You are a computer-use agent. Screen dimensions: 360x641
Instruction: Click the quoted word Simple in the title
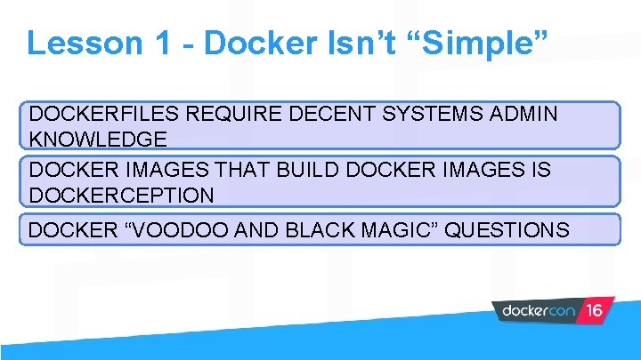464,44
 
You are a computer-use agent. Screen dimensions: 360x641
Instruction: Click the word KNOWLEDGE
98,140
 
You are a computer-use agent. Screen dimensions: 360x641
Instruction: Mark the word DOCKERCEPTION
121,195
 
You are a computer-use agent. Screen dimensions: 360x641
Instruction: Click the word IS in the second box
540,171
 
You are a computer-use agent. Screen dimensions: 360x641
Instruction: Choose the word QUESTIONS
507,229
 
